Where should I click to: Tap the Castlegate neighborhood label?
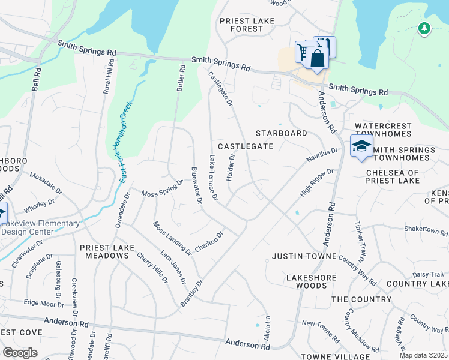pos(245,146)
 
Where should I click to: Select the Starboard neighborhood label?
pos(281,133)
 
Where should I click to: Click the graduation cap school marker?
pos(361,146)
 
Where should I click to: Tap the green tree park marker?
pos(424,28)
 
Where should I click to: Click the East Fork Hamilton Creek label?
pos(125,142)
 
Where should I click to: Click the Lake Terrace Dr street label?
pos(212,178)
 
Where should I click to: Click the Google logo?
pos(20,353)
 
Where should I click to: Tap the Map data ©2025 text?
pos(424,355)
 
